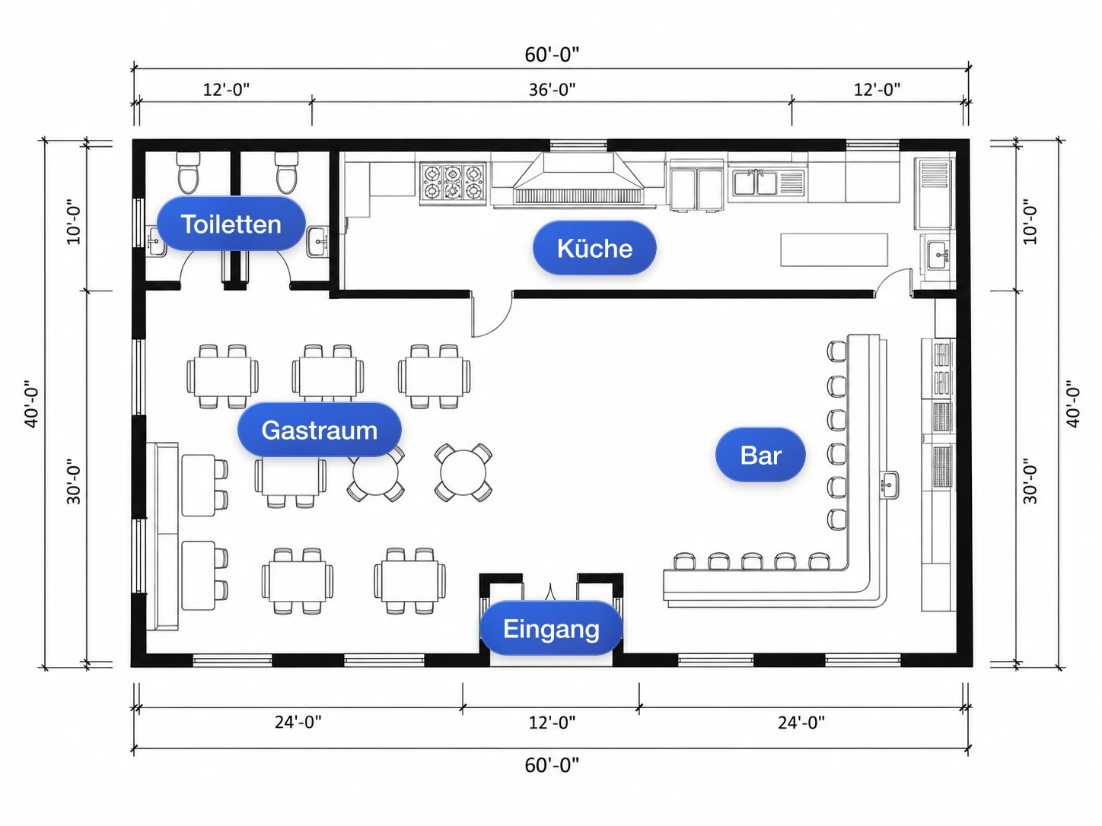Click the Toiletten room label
pos(231,224)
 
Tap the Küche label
pos(594,248)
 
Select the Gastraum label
pos(320,430)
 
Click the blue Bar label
pos(760,455)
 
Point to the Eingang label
pos(551,628)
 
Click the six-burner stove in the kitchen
pos(453,183)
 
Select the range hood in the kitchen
pos(578,179)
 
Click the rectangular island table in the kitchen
pos(834,249)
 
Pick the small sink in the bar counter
pos(889,484)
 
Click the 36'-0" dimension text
pos(552,90)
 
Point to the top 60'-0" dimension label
pos(552,55)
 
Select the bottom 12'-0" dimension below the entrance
pos(552,723)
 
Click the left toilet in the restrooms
pos(188,173)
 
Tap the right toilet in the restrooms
pos(287,173)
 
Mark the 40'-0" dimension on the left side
pos(32,404)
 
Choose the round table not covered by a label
pos(463,472)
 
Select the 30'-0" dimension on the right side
pos(1030,481)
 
